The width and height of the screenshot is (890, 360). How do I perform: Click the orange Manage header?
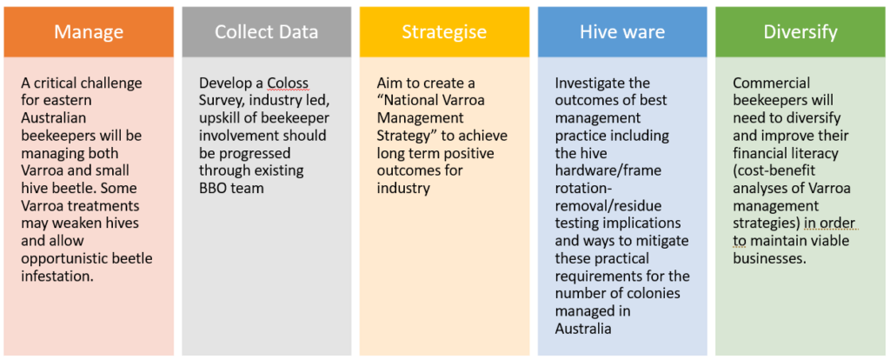pos(89,32)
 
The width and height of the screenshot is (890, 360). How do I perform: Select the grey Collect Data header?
pos(266,32)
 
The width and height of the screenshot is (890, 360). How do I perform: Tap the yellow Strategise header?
pos(444,32)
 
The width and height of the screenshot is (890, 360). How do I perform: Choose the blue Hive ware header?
pos(622,32)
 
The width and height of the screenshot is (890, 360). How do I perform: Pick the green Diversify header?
pos(800,32)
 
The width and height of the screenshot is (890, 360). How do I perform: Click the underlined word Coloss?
pos(289,84)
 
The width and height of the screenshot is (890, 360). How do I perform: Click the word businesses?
pos(768,259)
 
